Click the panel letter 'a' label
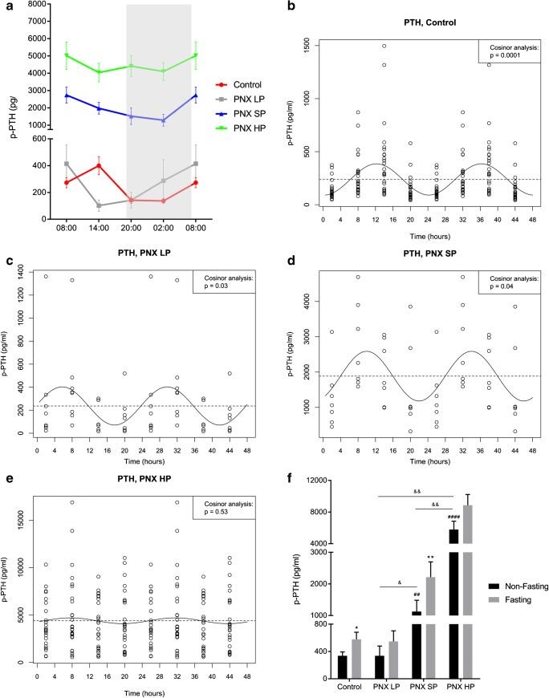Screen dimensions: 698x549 pyautogui.click(x=6, y=6)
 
